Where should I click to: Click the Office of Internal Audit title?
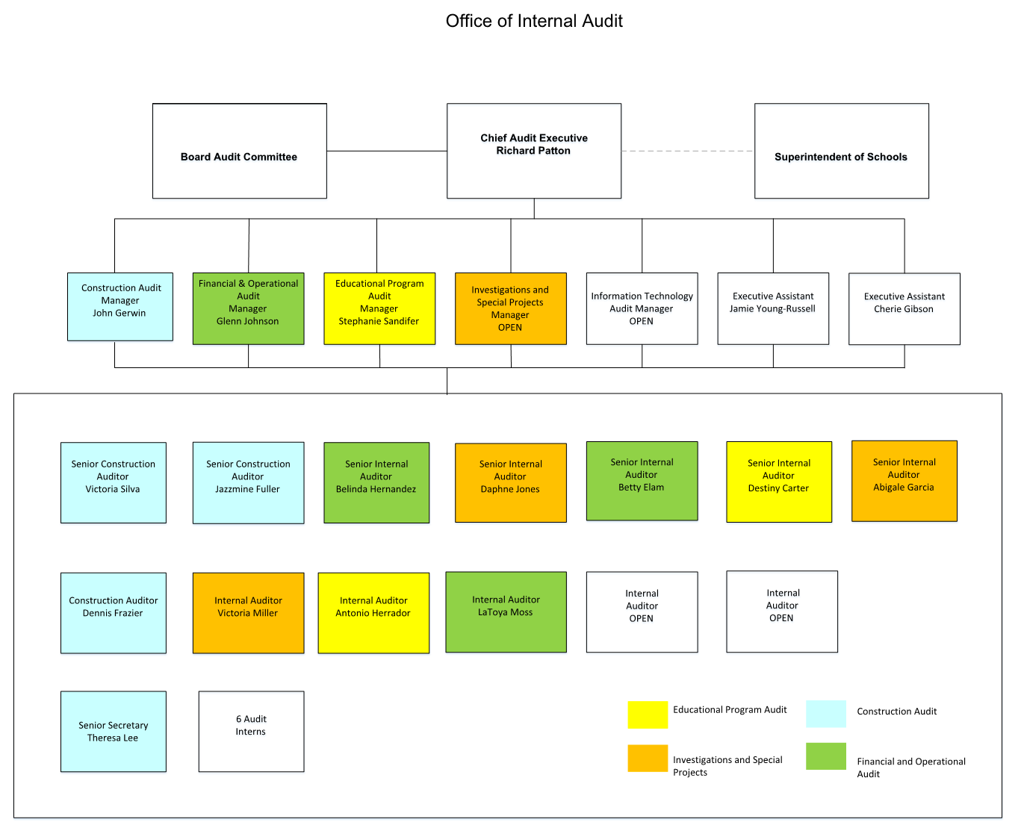tap(533, 21)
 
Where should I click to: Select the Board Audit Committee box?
tap(240, 151)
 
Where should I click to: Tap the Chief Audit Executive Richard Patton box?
tap(533, 151)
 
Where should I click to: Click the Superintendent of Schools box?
tap(841, 151)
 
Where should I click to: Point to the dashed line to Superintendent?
tap(687, 151)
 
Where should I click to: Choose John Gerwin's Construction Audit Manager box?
tap(120, 307)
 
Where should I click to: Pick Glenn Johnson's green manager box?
tap(248, 308)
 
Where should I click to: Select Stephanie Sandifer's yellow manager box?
tap(379, 308)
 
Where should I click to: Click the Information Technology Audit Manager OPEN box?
tap(642, 308)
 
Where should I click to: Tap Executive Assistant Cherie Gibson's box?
tap(904, 308)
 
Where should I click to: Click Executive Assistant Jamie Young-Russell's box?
tap(773, 308)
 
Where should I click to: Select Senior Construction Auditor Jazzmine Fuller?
tap(248, 482)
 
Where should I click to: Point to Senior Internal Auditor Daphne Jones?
tap(511, 482)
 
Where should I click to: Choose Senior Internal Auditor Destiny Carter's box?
tap(779, 482)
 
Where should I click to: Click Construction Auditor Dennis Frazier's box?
tap(114, 613)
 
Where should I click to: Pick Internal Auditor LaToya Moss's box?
tap(506, 611)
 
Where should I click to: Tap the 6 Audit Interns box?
tap(251, 732)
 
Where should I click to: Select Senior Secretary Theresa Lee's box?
tap(114, 732)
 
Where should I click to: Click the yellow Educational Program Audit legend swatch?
tap(648, 715)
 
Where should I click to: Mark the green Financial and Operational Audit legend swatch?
tap(826, 756)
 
